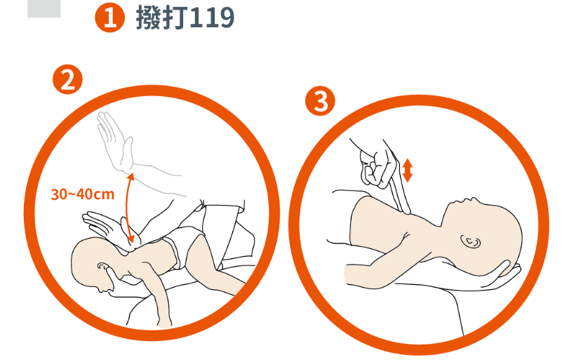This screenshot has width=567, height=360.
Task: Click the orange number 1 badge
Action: coord(110,18)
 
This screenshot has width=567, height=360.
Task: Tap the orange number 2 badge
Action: coord(67,79)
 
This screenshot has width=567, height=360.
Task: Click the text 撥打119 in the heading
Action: coord(185,17)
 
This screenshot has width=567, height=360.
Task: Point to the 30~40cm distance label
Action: coord(83,194)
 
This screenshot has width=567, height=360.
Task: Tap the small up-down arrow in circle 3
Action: coord(407,171)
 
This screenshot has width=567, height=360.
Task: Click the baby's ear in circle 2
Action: coord(102,266)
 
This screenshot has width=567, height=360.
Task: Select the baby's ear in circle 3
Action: coord(471,241)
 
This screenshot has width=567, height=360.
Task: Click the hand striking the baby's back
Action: coord(109,227)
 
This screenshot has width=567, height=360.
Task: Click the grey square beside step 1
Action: coord(44,8)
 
